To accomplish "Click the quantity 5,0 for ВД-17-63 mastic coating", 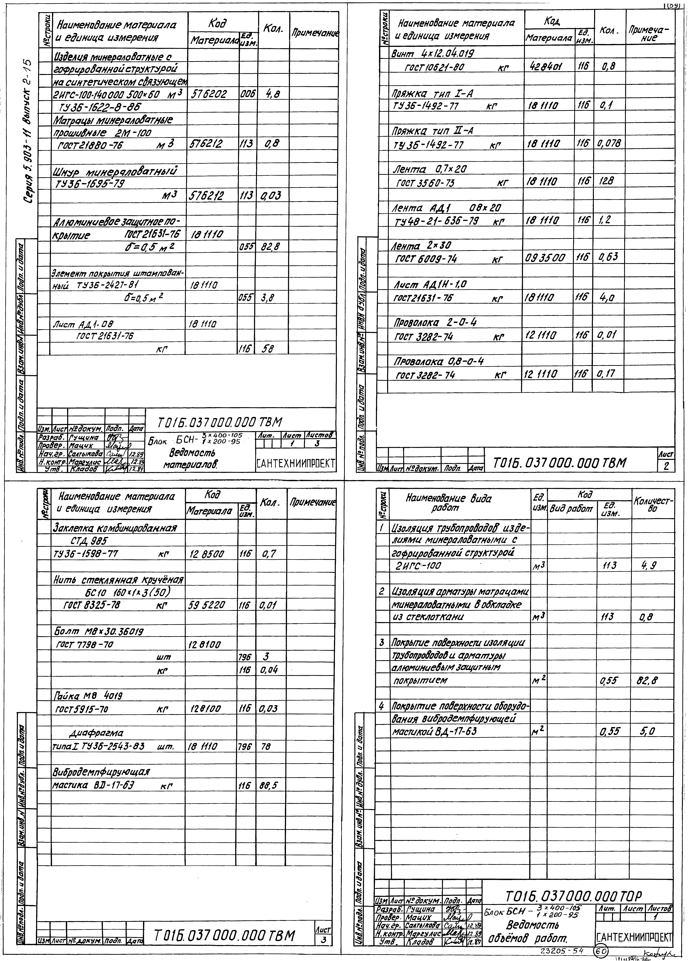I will point(648,732).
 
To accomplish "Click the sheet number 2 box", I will point(666,466).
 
